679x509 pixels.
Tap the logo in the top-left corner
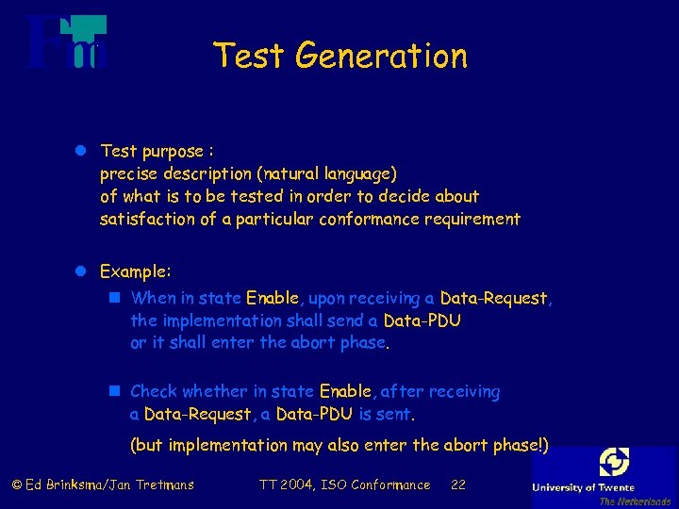(67, 43)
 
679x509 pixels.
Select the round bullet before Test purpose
(82, 151)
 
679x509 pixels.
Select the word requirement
(470, 220)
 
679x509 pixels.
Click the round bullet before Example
(82, 271)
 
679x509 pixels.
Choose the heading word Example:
(136, 271)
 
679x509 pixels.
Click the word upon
(326, 299)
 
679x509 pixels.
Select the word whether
(214, 391)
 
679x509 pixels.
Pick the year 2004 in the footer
(296, 485)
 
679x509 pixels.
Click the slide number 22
(458, 485)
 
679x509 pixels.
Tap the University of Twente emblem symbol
(614, 462)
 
